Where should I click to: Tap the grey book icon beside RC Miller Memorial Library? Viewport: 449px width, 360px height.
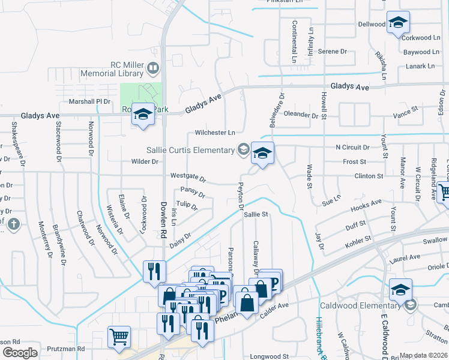click(153, 70)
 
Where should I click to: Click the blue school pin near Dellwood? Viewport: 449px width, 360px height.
click(397, 24)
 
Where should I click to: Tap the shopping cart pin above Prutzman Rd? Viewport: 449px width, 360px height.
click(119, 337)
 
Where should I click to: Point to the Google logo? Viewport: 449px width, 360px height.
click(20, 353)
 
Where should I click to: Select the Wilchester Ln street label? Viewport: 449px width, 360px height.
click(215, 133)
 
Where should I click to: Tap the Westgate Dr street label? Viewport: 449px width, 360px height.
click(188, 178)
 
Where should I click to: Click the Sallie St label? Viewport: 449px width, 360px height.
click(255, 214)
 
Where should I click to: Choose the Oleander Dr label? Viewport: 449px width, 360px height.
click(301, 114)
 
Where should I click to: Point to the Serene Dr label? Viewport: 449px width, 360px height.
click(329, 52)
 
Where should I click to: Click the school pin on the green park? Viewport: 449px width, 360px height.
click(143, 115)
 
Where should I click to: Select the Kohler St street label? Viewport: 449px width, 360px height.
click(358, 243)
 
